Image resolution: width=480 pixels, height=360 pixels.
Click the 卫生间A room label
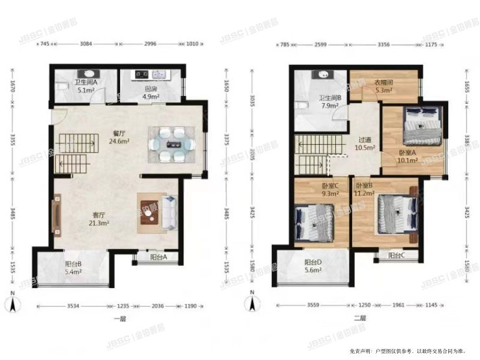(x=86, y=82)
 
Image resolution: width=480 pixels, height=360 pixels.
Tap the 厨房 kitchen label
(x=150, y=90)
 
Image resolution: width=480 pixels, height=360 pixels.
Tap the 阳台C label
(x=396, y=256)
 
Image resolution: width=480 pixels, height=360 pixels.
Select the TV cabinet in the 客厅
(x=57, y=217)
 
